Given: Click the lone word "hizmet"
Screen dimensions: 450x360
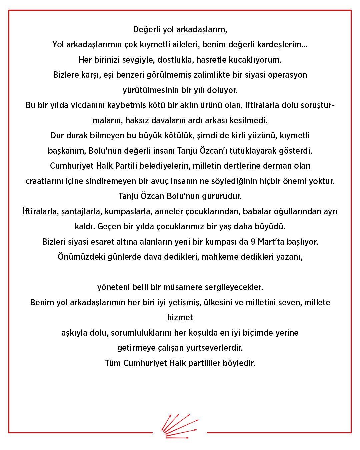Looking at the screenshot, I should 180,318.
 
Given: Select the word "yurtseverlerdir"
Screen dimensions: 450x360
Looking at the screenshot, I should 218,348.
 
